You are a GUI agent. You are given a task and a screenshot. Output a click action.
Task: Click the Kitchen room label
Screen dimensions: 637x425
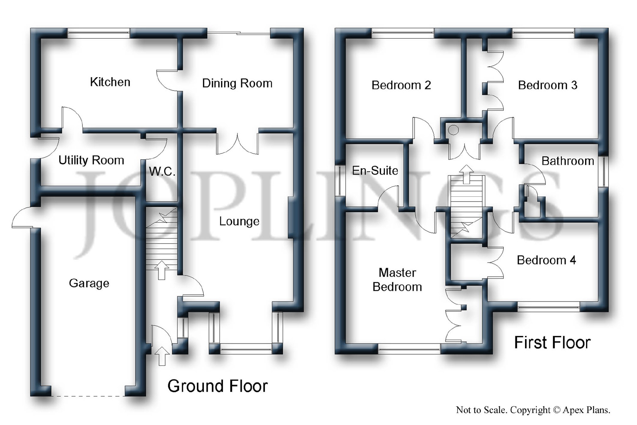click(x=110, y=82)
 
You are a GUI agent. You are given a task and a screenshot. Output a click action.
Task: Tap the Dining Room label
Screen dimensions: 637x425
click(x=237, y=83)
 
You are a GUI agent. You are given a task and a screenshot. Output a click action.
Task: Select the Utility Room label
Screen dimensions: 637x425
click(x=91, y=161)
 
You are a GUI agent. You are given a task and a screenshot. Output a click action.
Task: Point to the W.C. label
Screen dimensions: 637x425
click(x=162, y=172)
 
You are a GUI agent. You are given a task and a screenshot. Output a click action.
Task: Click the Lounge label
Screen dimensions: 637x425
click(x=239, y=221)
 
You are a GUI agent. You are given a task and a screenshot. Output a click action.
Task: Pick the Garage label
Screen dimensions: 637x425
click(x=89, y=283)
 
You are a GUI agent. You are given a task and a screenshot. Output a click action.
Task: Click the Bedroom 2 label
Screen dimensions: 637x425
click(x=401, y=85)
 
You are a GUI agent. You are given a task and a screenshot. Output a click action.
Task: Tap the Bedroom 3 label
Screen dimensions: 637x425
click(x=548, y=85)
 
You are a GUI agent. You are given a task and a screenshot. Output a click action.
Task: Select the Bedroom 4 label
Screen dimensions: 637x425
click(x=546, y=260)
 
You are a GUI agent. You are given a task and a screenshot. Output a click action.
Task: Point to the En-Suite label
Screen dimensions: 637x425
click(x=375, y=171)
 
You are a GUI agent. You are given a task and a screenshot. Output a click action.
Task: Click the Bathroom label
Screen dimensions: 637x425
click(x=568, y=161)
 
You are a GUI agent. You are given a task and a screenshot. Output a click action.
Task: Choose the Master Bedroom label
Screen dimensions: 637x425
click(x=397, y=280)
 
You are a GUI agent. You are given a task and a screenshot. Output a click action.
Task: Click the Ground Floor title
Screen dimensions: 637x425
click(x=217, y=386)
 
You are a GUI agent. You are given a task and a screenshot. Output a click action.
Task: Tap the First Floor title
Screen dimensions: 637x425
click(x=552, y=343)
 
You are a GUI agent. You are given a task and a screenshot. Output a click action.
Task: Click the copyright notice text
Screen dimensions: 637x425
click(x=533, y=410)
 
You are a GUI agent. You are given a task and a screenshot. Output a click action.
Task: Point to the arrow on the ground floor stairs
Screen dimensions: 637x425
click(x=162, y=270)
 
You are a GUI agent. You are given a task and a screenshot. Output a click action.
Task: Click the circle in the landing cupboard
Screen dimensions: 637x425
click(x=453, y=130)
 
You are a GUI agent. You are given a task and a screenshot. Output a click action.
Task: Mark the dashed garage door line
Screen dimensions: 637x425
click(x=88, y=396)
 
